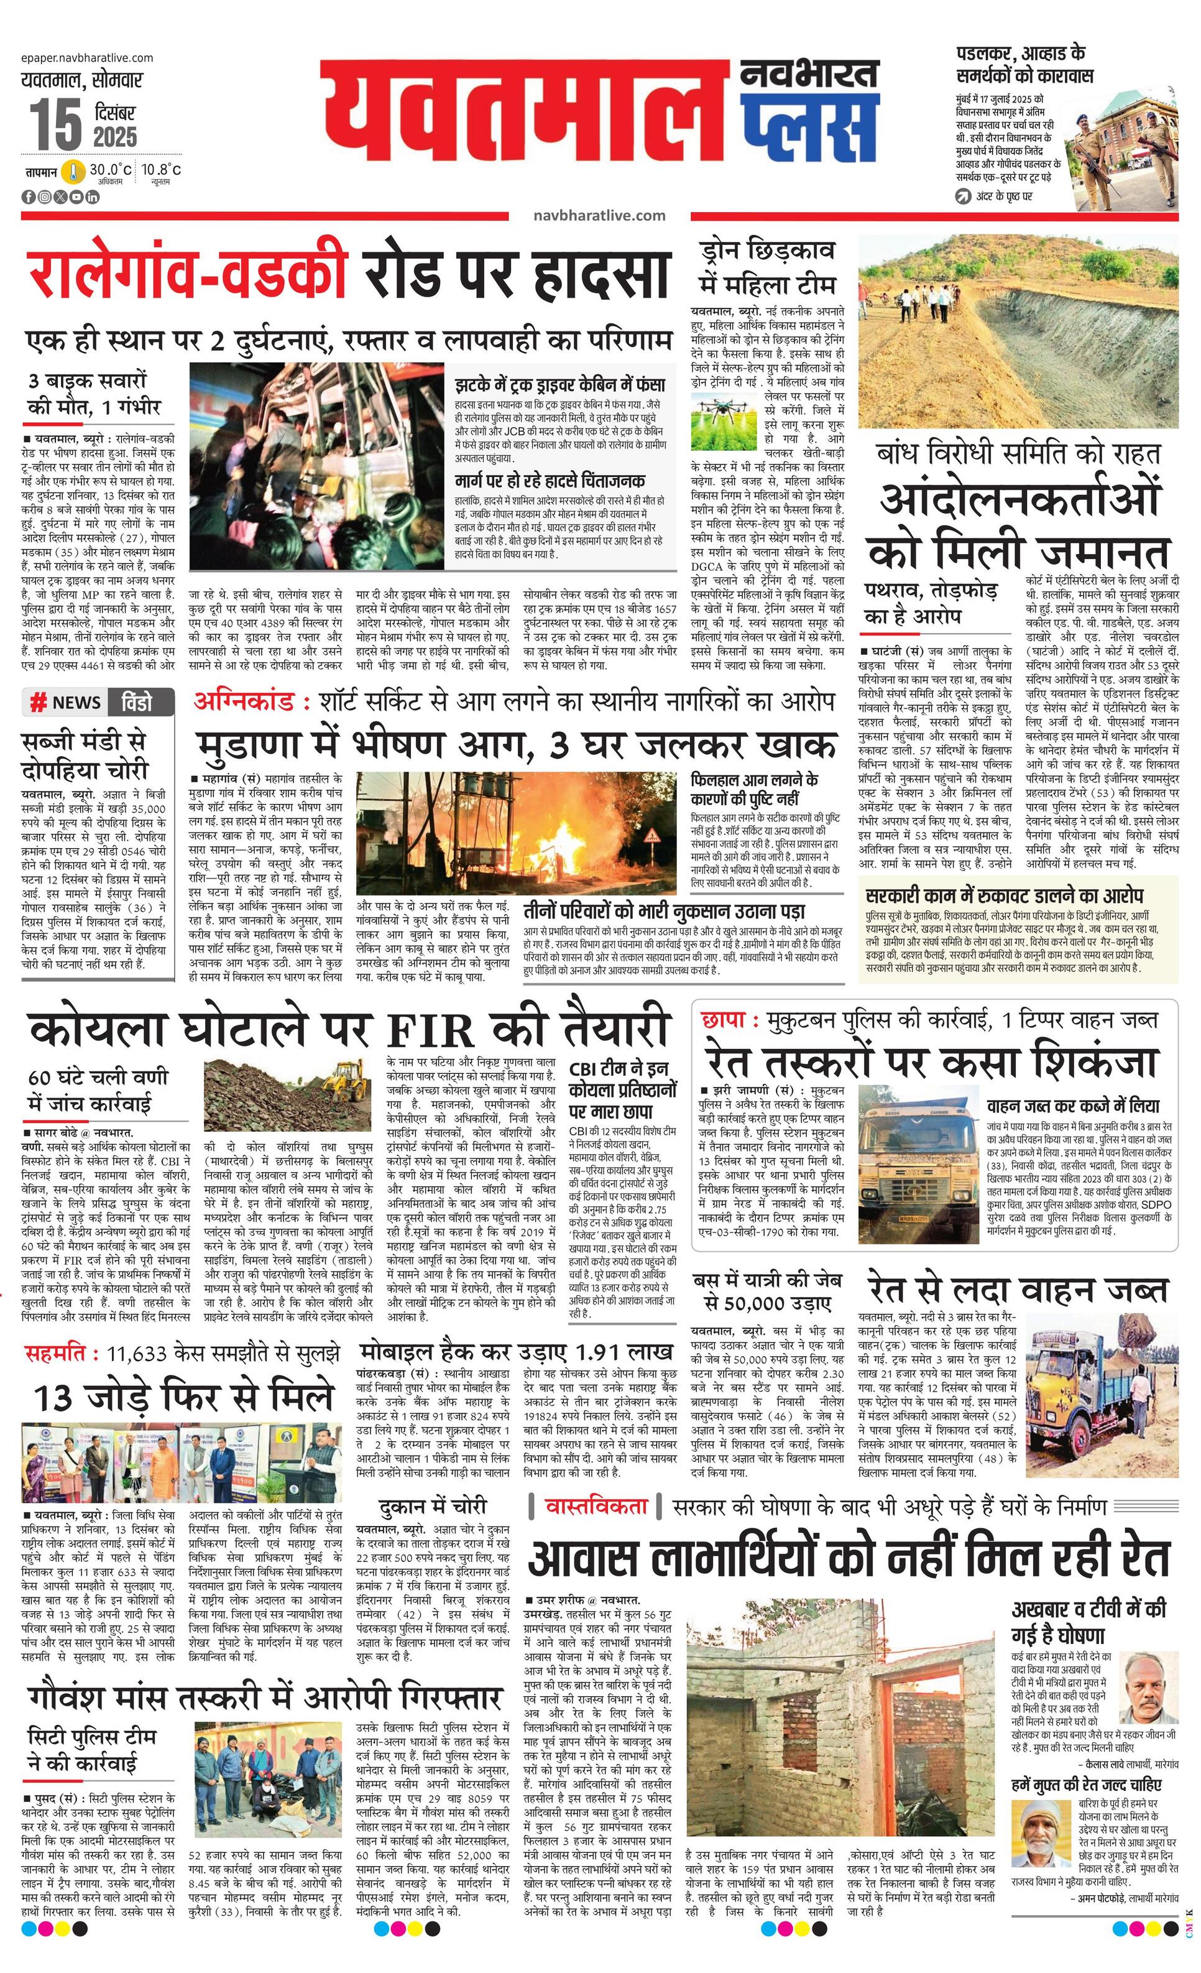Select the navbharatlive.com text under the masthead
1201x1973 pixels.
point(599,215)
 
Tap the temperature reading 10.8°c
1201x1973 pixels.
point(162,170)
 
